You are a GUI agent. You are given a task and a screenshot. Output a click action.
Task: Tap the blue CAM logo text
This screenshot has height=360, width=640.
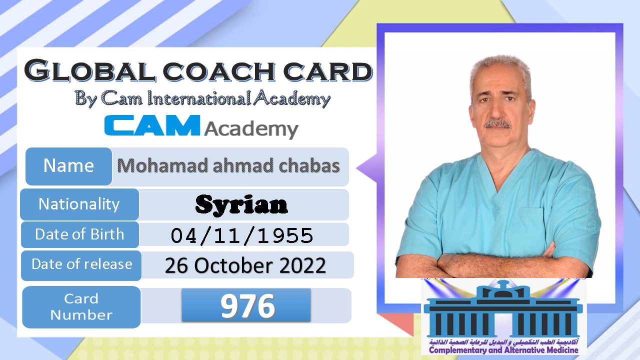pos(152,125)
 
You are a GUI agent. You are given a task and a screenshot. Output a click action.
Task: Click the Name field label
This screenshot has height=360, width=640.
pos(68,166)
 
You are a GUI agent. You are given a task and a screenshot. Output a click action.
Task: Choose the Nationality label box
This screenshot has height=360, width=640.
pos(79,204)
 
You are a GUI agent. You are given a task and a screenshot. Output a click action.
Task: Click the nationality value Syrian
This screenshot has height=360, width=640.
pos(241,204)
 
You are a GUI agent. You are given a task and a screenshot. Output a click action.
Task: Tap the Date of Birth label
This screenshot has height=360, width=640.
pos(79,234)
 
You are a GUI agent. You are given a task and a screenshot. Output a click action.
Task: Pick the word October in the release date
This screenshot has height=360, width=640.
pos(234,265)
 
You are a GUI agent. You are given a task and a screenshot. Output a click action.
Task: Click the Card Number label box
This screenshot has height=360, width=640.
pos(81,307)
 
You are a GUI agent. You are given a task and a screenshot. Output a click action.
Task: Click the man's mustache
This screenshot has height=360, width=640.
pos(497,124)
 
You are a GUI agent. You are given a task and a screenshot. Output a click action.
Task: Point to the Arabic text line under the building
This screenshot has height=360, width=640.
pos(503,341)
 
